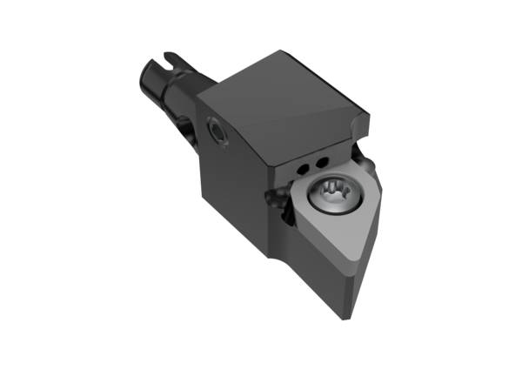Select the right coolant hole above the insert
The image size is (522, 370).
point(320,162)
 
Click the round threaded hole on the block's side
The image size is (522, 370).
point(214,130)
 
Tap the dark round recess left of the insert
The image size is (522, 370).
point(280,202)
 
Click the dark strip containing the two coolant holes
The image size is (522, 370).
point(311,164)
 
